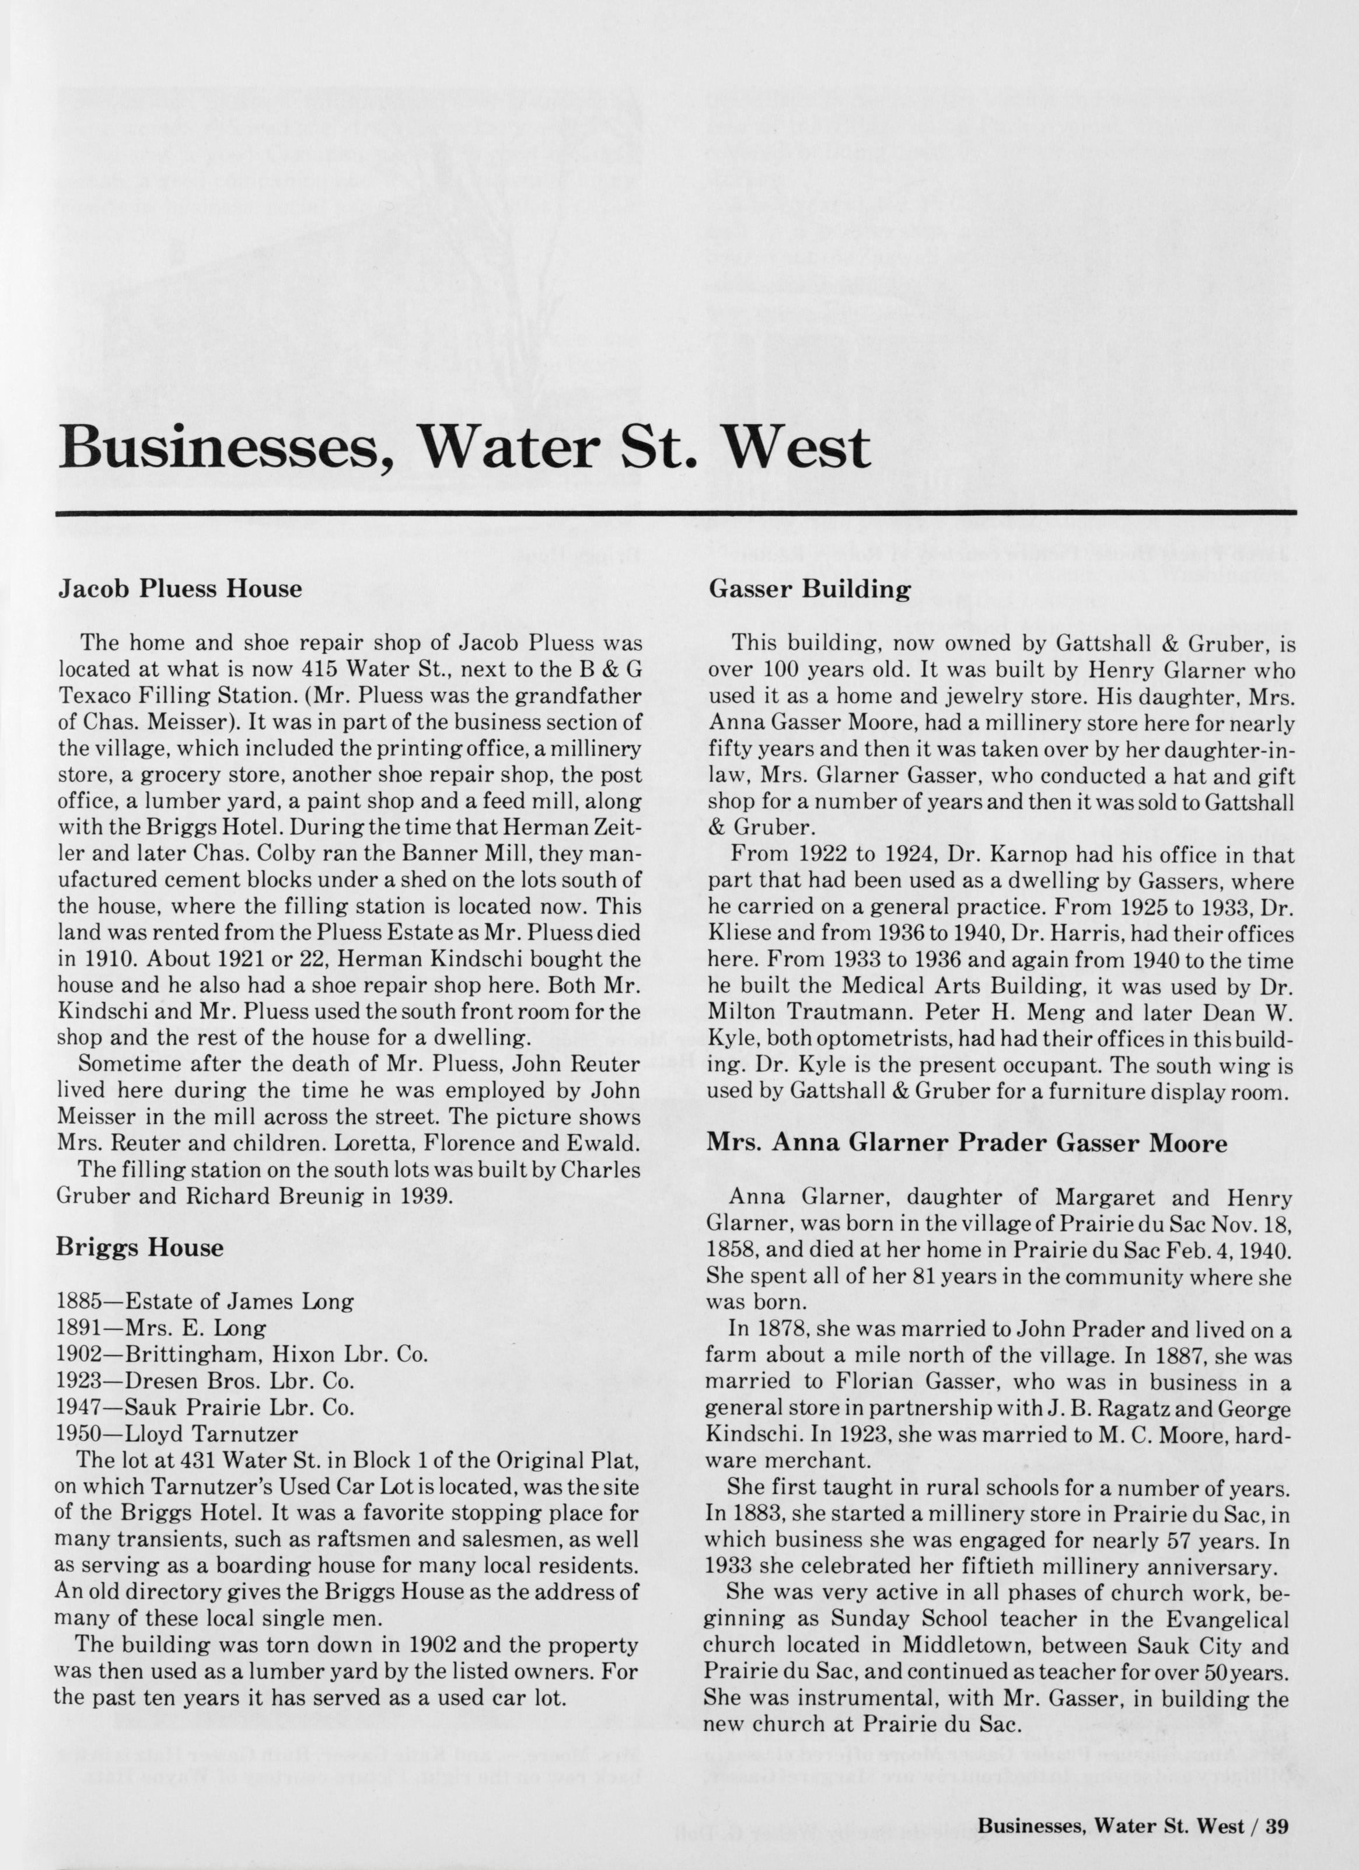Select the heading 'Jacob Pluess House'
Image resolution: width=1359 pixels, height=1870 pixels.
pyautogui.click(x=179, y=589)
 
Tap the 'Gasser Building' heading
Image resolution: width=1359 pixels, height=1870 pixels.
pyautogui.click(x=809, y=589)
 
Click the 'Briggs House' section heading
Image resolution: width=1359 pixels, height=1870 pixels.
pyautogui.click(x=139, y=1247)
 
